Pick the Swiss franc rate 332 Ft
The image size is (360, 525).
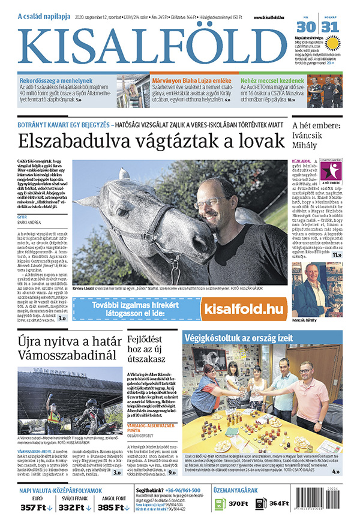click(x=74, y=508)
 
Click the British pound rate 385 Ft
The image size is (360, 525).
click(x=112, y=508)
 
